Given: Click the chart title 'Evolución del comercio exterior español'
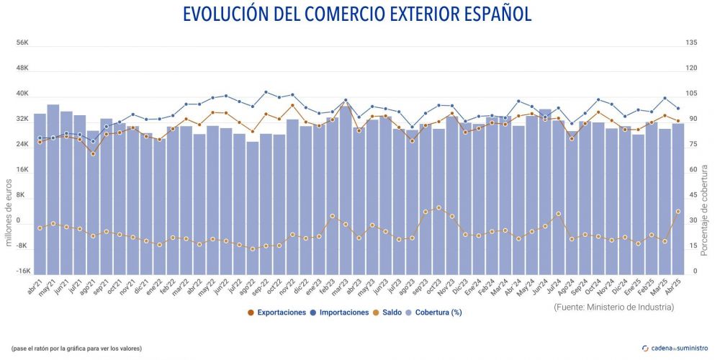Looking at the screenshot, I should pyautogui.click(x=357, y=14).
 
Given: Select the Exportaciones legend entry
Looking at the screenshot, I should pyautogui.click(x=282, y=312).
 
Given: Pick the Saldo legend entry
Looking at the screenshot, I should pyautogui.click(x=393, y=312).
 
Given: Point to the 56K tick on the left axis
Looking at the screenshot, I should pyautogui.click(x=22, y=43).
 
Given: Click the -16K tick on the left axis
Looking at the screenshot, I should pyautogui.click(x=22, y=271).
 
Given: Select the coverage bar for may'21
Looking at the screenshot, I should pyautogui.click(x=53, y=187).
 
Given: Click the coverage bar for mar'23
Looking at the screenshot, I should pyautogui.click(x=346, y=187).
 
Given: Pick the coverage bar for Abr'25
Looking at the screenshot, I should pyautogui.click(x=678, y=198).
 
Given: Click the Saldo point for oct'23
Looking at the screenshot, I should pyautogui.click(x=438, y=207).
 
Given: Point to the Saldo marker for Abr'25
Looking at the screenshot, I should pyautogui.click(x=678, y=211).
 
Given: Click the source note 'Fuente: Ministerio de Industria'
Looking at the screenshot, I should pyautogui.click(x=614, y=307).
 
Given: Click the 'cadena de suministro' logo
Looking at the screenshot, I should pyautogui.click(x=675, y=348).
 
